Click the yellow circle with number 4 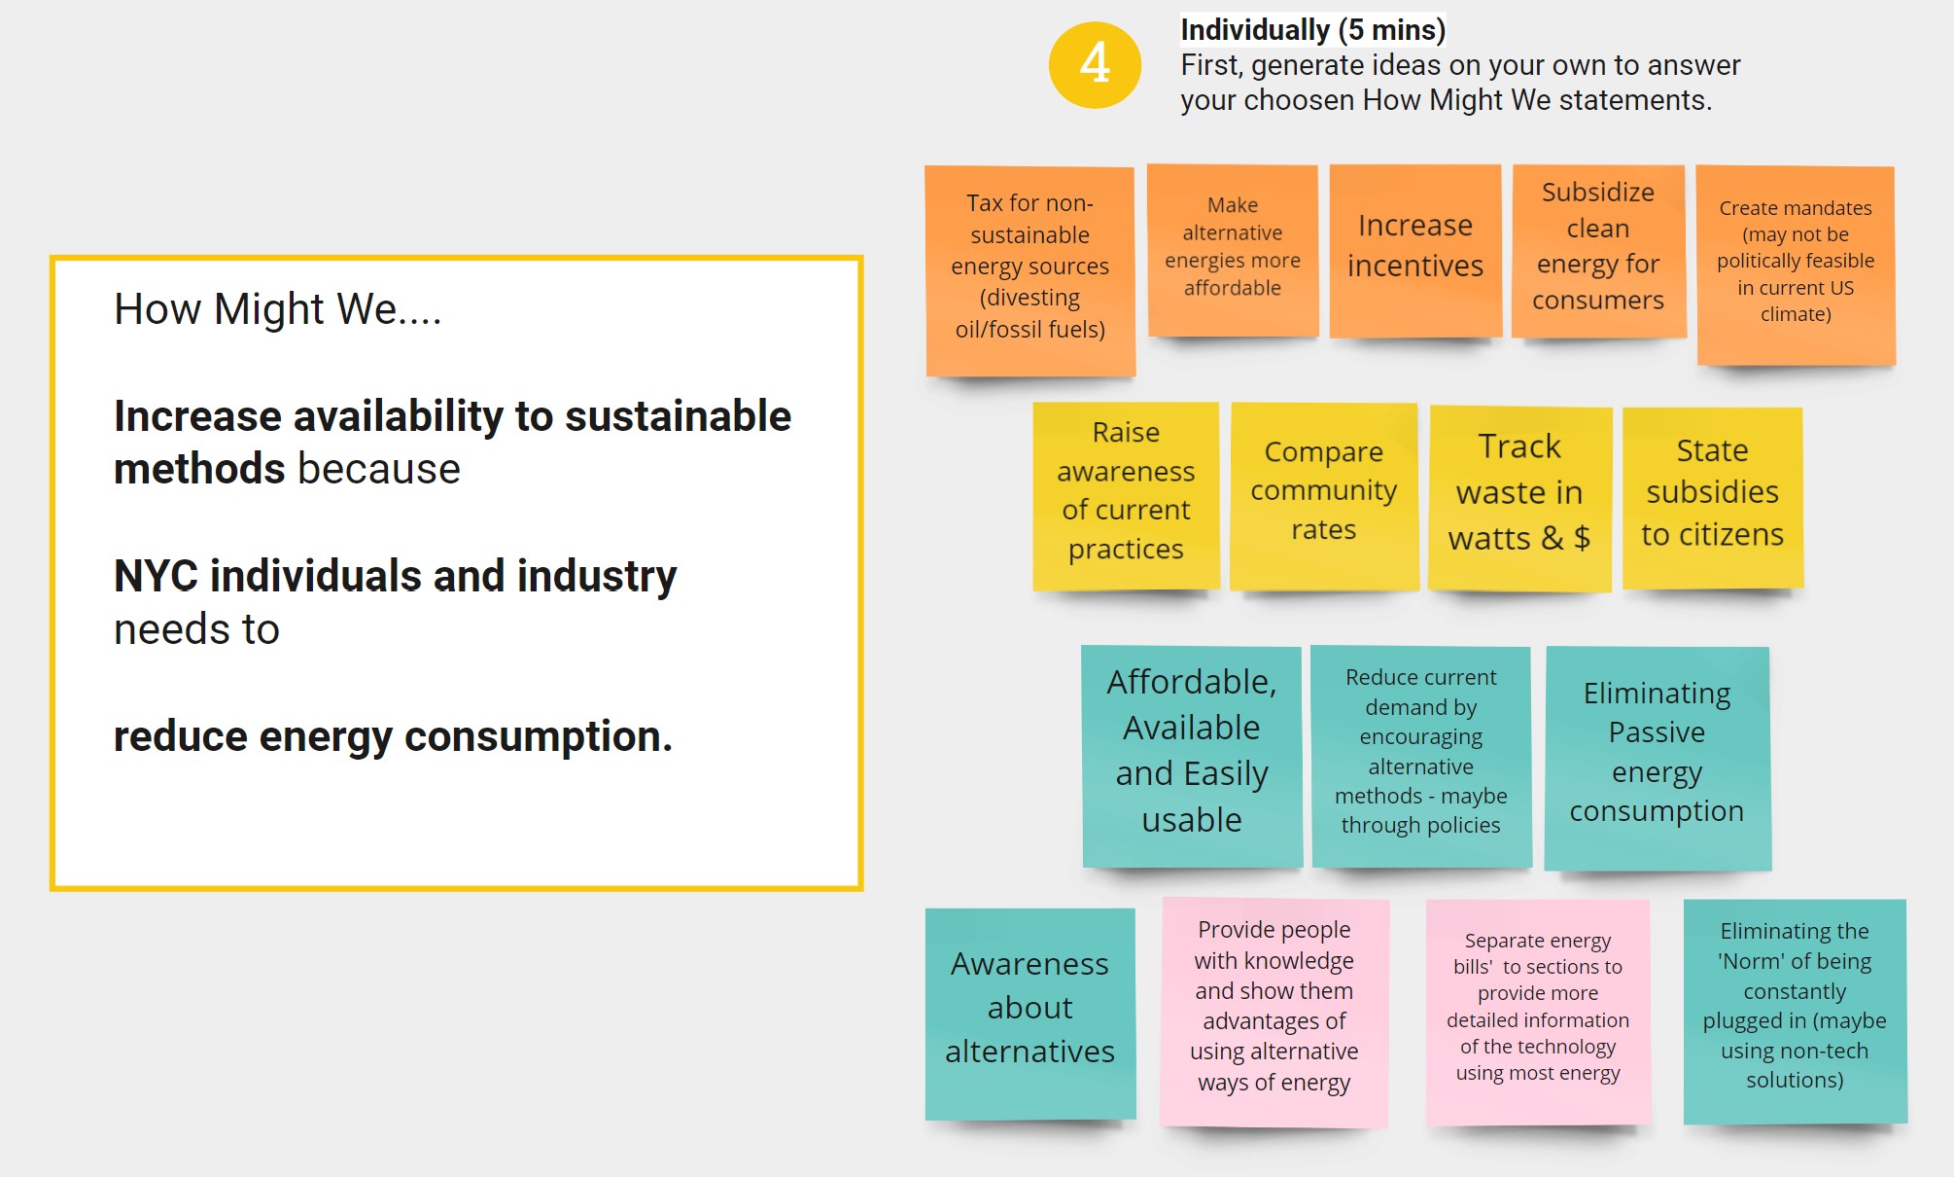1095,64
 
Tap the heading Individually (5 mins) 1312,30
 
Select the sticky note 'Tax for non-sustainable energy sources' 1030,271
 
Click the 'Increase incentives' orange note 1415,251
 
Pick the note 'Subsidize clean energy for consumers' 1598,251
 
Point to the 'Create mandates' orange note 1796,266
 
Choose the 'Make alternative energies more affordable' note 1233,251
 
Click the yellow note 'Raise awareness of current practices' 1126,496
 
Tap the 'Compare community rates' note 1324,496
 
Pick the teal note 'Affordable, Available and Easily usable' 1192,757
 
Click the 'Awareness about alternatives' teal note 1030,1014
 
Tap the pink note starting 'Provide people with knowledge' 1274,1013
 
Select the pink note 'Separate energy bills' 1538,1013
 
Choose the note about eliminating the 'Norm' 1795,1012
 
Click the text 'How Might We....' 278,309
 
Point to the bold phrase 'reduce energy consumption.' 393,736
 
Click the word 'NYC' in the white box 156,576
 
